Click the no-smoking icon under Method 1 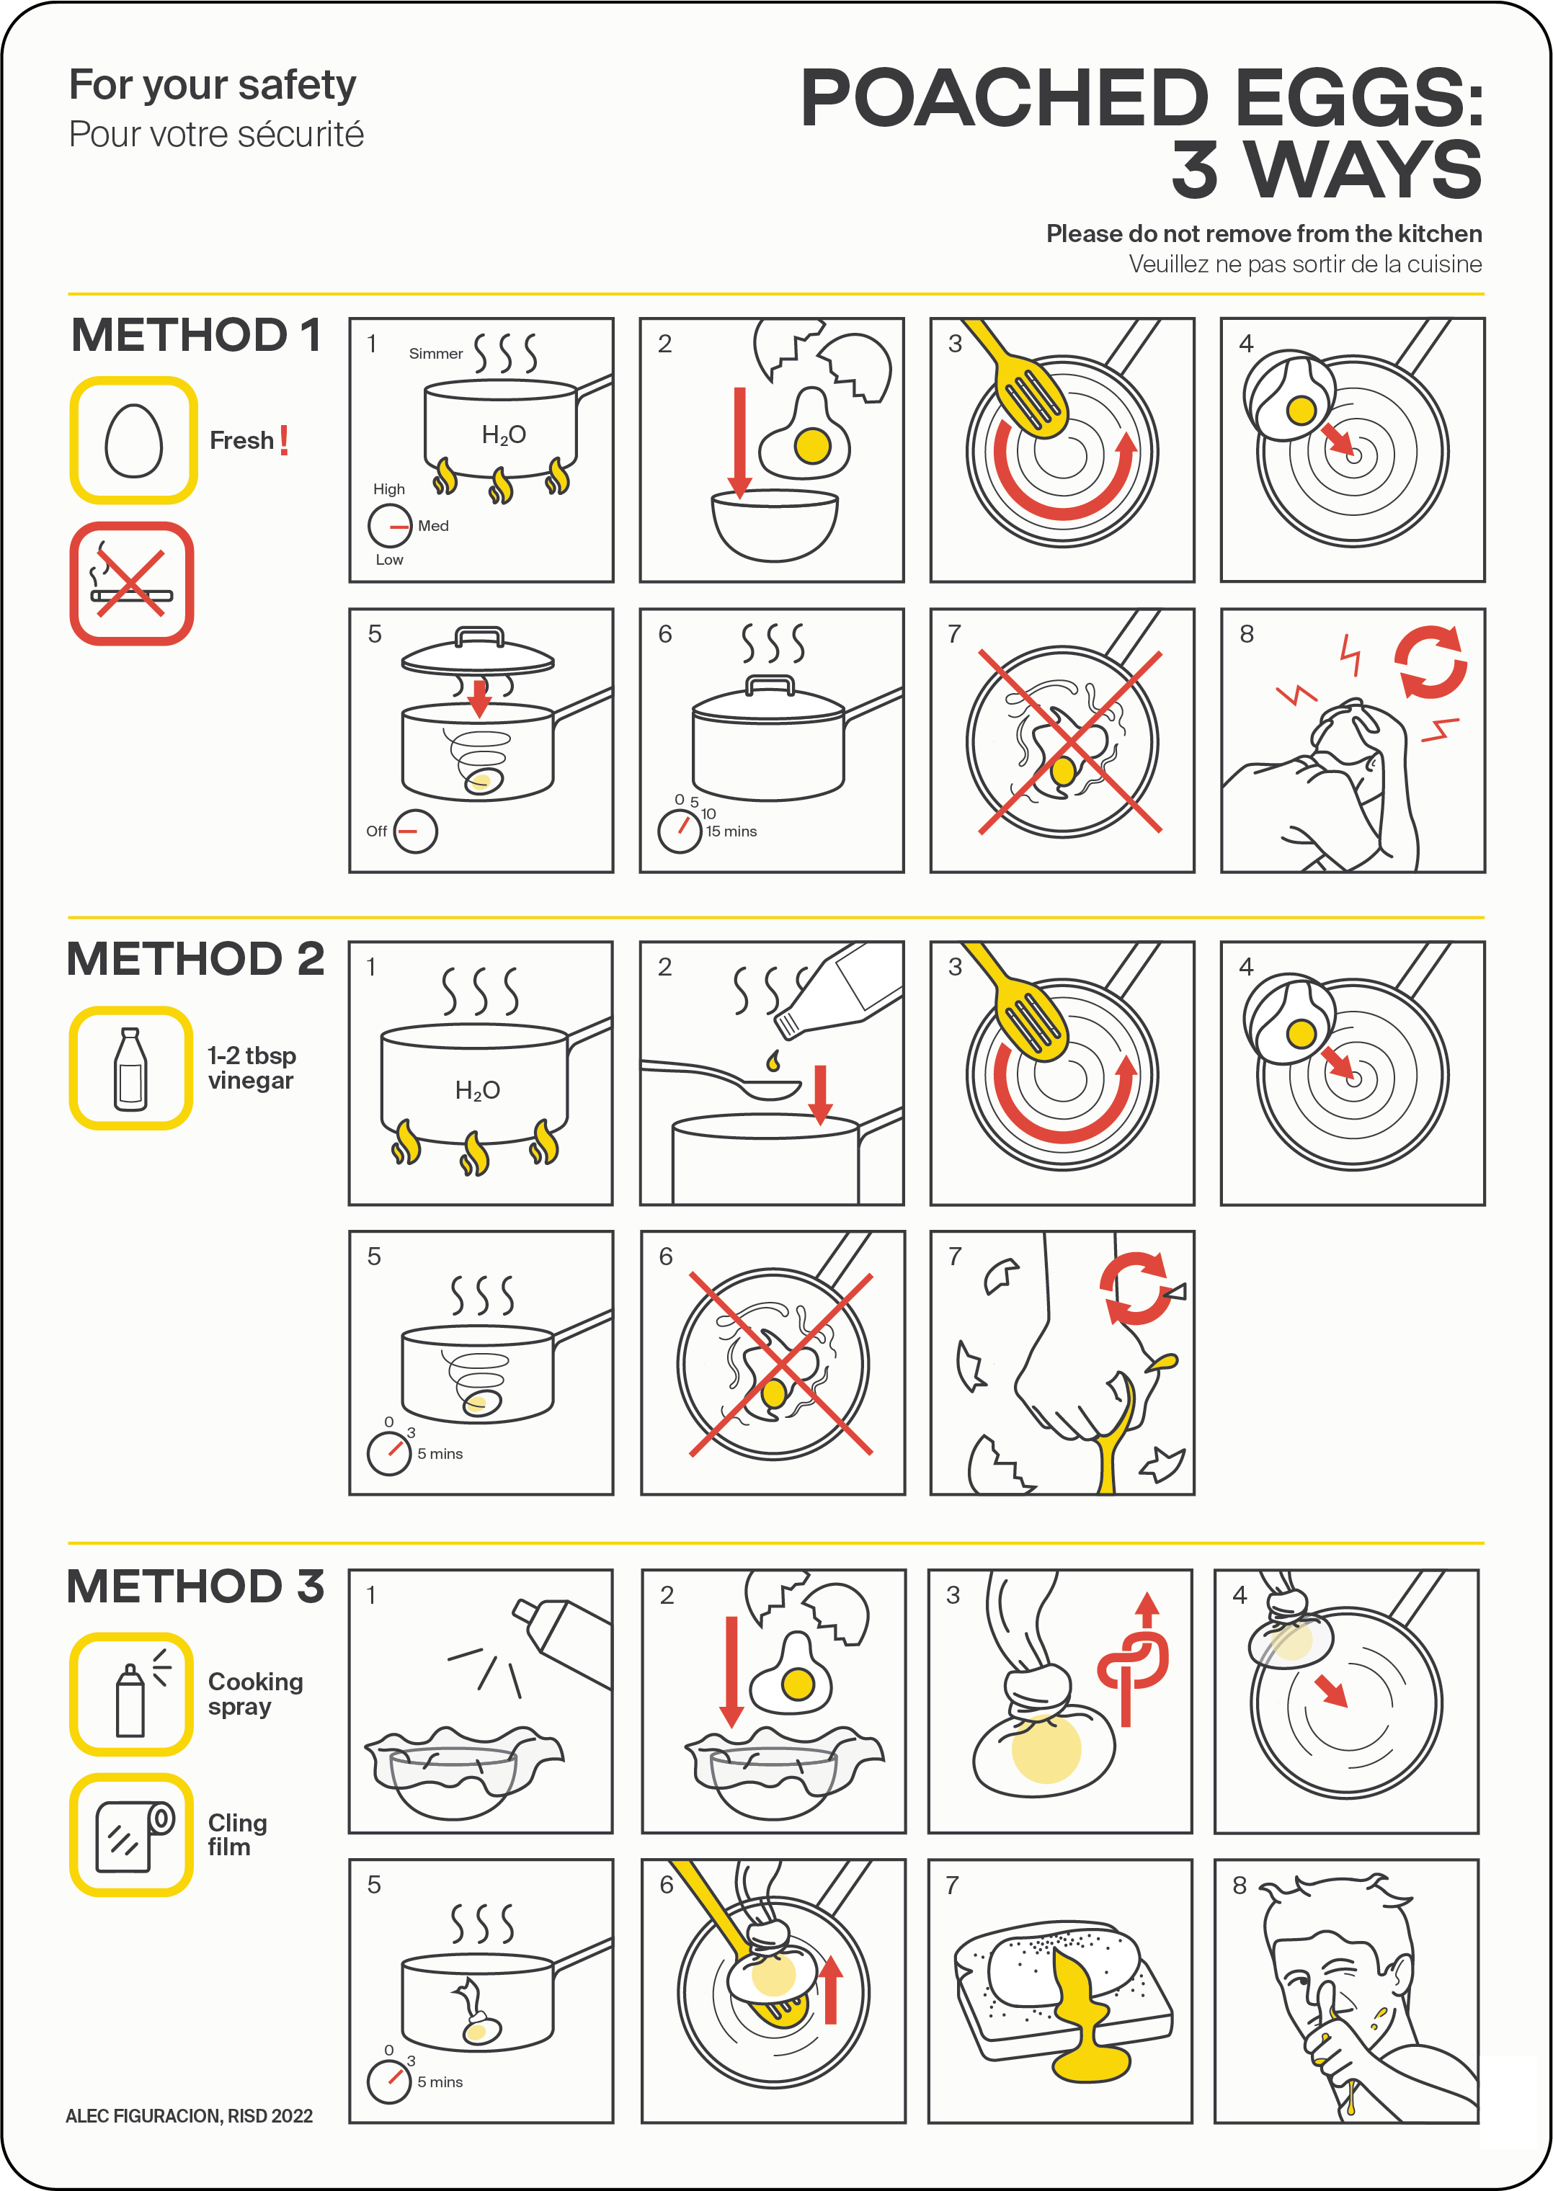click(132, 583)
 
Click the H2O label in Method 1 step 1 click(504, 436)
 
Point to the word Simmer click(436, 354)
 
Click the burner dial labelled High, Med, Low click(390, 525)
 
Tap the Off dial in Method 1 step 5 click(415, 831)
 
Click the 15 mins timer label click(731, 831)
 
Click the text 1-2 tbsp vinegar click(252, 1068)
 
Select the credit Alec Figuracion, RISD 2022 click(190, 2115)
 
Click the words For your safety click(213, 85)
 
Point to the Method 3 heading click(195, 1587)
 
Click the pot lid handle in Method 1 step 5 click(479, 637)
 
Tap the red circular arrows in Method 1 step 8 click(1430, 661)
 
